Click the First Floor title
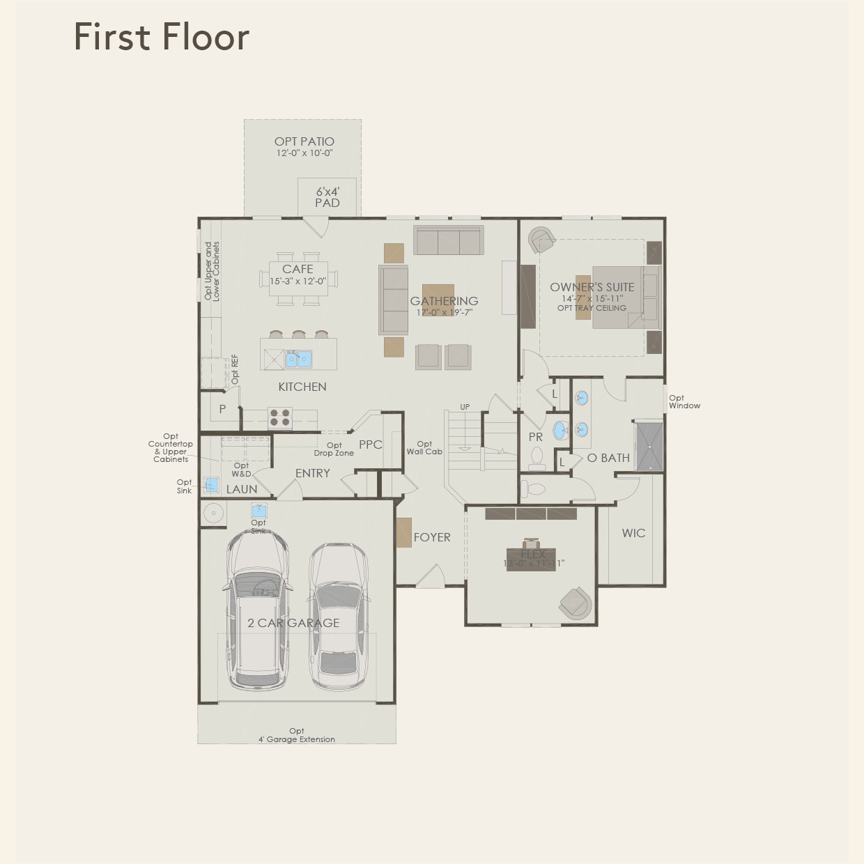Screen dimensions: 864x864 click(161, 37)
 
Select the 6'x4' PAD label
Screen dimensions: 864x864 click(327, 197)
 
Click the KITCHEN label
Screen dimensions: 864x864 click(302, 387)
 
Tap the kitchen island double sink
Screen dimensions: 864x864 click(298, 360)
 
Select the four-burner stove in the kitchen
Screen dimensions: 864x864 click(280, 417)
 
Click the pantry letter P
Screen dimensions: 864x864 click(222, 409)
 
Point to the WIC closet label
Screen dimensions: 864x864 click(633, 533)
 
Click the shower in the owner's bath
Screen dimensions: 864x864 click(649, 445)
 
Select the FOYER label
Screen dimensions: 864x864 click(432, 537)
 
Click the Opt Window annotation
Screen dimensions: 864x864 click(684, 402)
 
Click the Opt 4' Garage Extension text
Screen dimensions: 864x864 click(297, 735)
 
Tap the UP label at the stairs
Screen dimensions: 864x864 click(465, 407)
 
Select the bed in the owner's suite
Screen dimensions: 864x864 click(625, 296)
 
